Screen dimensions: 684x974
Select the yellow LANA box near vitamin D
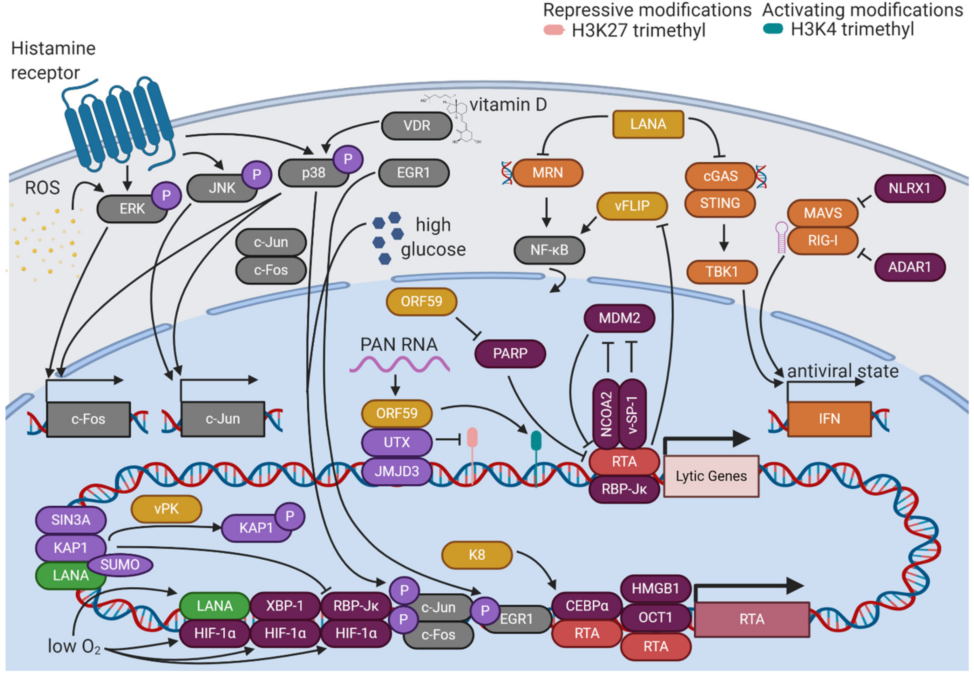(648, 124)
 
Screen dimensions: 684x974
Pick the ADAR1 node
(909, 267)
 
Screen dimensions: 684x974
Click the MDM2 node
(619, 318)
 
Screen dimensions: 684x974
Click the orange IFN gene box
(829, 419)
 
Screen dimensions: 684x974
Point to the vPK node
(166, 508)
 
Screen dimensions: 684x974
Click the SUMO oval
(120, 564)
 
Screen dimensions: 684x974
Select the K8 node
(477, 555)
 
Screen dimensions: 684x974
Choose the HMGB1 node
(655, 588)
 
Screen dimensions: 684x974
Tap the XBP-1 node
(285, 606)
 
